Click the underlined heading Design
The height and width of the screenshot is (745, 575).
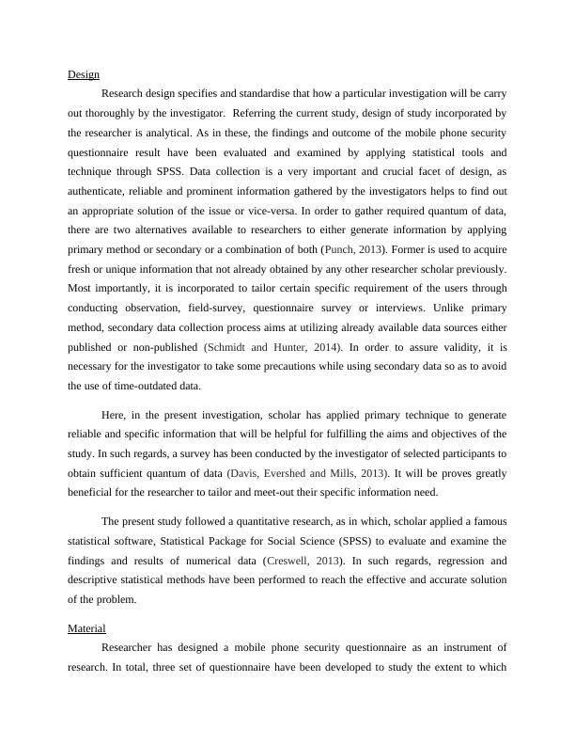(84, 74)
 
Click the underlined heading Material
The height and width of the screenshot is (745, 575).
(86, 627)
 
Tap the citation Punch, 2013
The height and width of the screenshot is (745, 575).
(353, 249)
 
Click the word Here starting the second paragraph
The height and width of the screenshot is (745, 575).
(113, 415)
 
